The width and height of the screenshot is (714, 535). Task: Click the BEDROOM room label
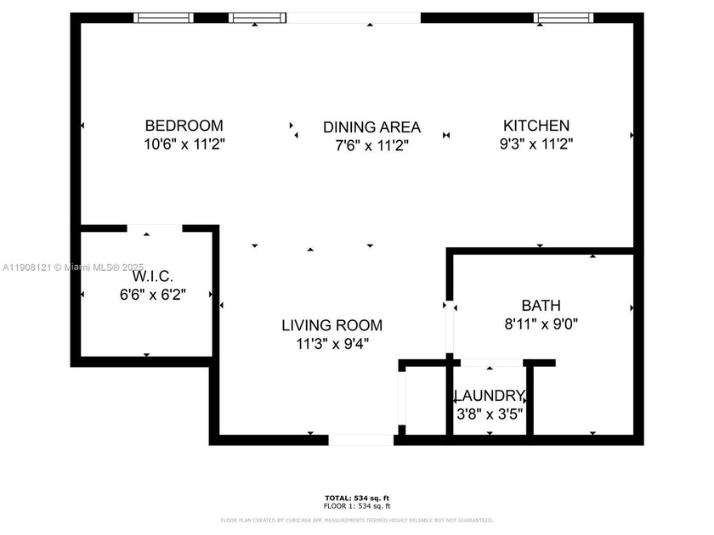tap(184, 126)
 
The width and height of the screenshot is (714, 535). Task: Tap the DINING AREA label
tap(371, 127)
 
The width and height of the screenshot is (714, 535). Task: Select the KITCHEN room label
tap(535, 126)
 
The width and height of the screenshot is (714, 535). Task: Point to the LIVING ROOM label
tap(331, 325)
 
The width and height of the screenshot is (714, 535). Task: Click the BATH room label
tap(541, 305)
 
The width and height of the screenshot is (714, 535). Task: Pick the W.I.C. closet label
tap(153, 277)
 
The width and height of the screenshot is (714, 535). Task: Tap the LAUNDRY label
tap(489, 396)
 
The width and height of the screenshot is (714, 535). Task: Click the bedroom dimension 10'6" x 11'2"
tap(184, 144)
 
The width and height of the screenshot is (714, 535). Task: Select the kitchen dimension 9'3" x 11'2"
tap(535, 144)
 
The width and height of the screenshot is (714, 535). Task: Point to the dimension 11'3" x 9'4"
tap(331, 344)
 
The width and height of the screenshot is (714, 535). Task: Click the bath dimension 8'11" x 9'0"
tap(541, 324)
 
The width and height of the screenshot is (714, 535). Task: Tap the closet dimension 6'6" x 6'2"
tap(153, 295)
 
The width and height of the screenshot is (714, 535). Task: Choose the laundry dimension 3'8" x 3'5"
tap(489, 414)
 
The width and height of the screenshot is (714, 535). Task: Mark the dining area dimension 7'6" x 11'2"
tap(371, 146)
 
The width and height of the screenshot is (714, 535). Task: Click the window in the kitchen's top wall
tap(564, 17)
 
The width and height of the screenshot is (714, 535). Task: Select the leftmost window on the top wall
tap(163, 17)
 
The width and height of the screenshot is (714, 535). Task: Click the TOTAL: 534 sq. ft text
tap(356, 498)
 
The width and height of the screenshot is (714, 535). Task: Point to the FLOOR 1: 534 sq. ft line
tap(356, 506)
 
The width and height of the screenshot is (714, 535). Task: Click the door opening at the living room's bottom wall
tap(361, 440)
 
